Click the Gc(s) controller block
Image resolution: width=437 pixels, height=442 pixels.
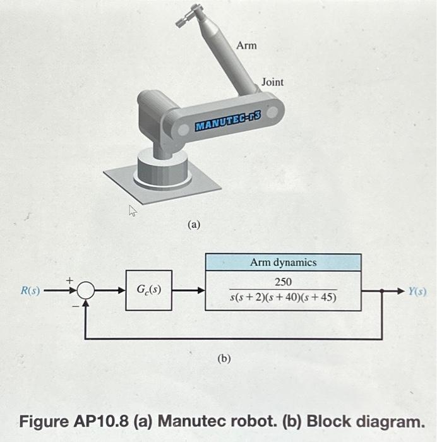(x=148, y=290)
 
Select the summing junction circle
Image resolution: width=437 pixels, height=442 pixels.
(x=87, y=291)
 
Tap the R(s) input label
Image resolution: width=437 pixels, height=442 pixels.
(x=30, y=291)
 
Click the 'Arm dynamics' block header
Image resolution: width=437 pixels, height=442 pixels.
(x=283, y=262)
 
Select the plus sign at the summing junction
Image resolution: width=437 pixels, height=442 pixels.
(x=71, y=278)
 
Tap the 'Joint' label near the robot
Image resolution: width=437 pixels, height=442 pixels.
(x=272, y=82)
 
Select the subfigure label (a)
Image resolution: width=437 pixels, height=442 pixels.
(x=193, y=224)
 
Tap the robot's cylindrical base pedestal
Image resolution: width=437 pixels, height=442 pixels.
(x=162, y=169)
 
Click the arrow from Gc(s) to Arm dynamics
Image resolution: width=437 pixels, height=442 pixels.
(x=188, y=291)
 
